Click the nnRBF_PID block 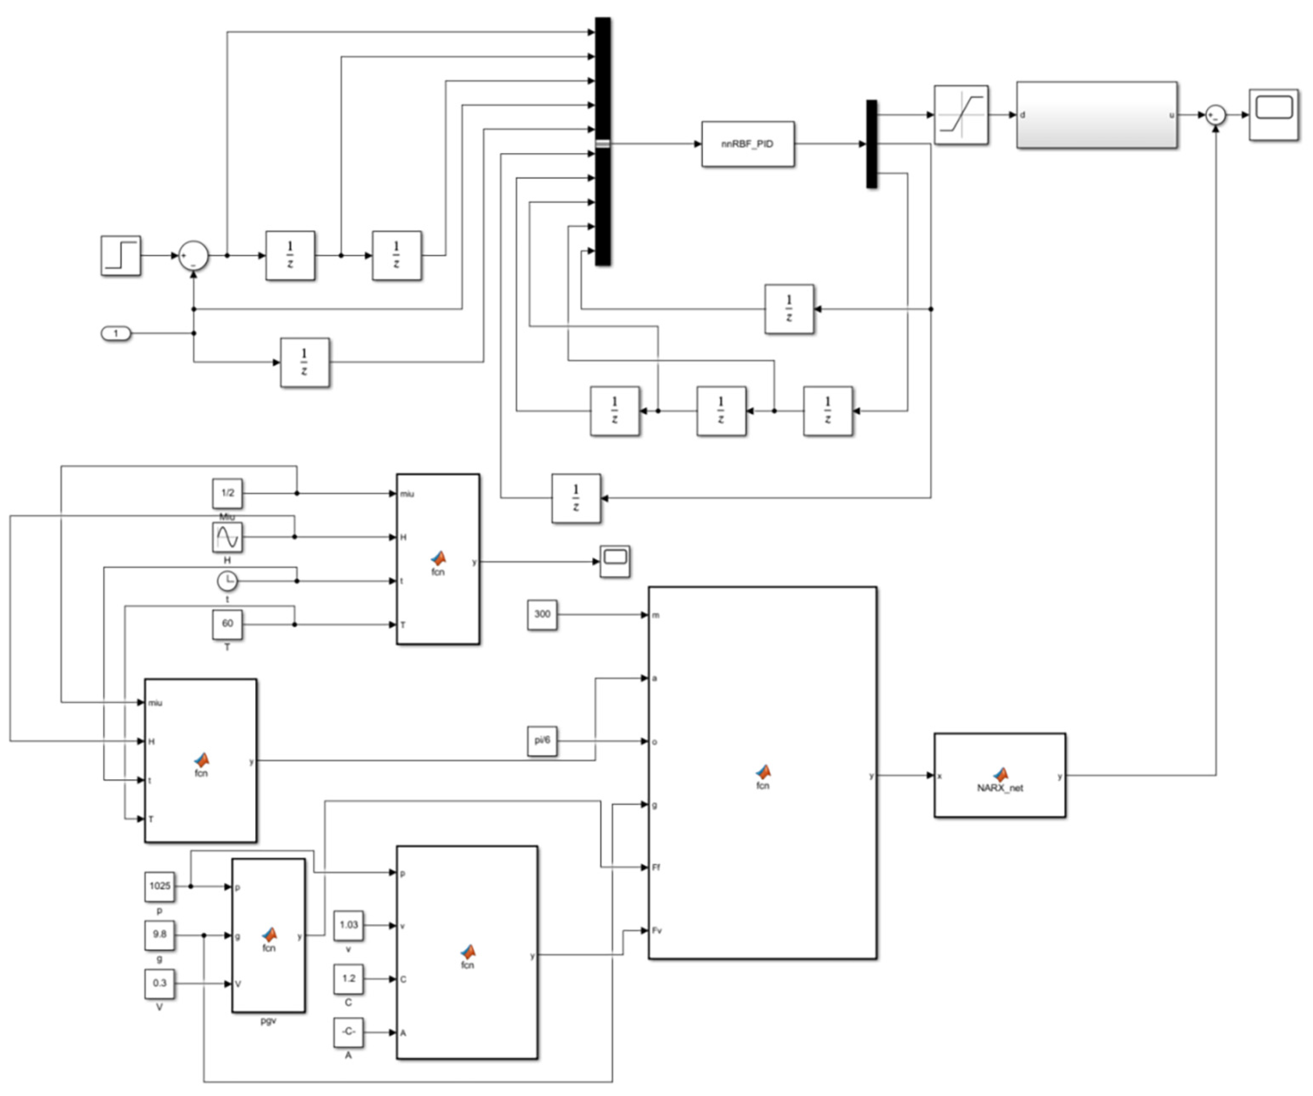[748, 144]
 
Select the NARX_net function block [999, 775]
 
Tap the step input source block [121, 255]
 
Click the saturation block [961, 115]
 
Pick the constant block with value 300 [542, 614]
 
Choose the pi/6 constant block [542, 741]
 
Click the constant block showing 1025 [159, 886]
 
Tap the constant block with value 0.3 [159, 983]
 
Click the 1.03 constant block [348, 925]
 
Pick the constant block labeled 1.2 [348, 978]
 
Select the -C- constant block [348, 1032]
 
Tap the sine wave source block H [227, 537]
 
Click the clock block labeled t [227, 581]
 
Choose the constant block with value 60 [227, 624]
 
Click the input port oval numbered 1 [116, 334]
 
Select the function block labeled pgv [268, 935]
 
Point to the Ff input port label [656, 867]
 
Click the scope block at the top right [1274, 115]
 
